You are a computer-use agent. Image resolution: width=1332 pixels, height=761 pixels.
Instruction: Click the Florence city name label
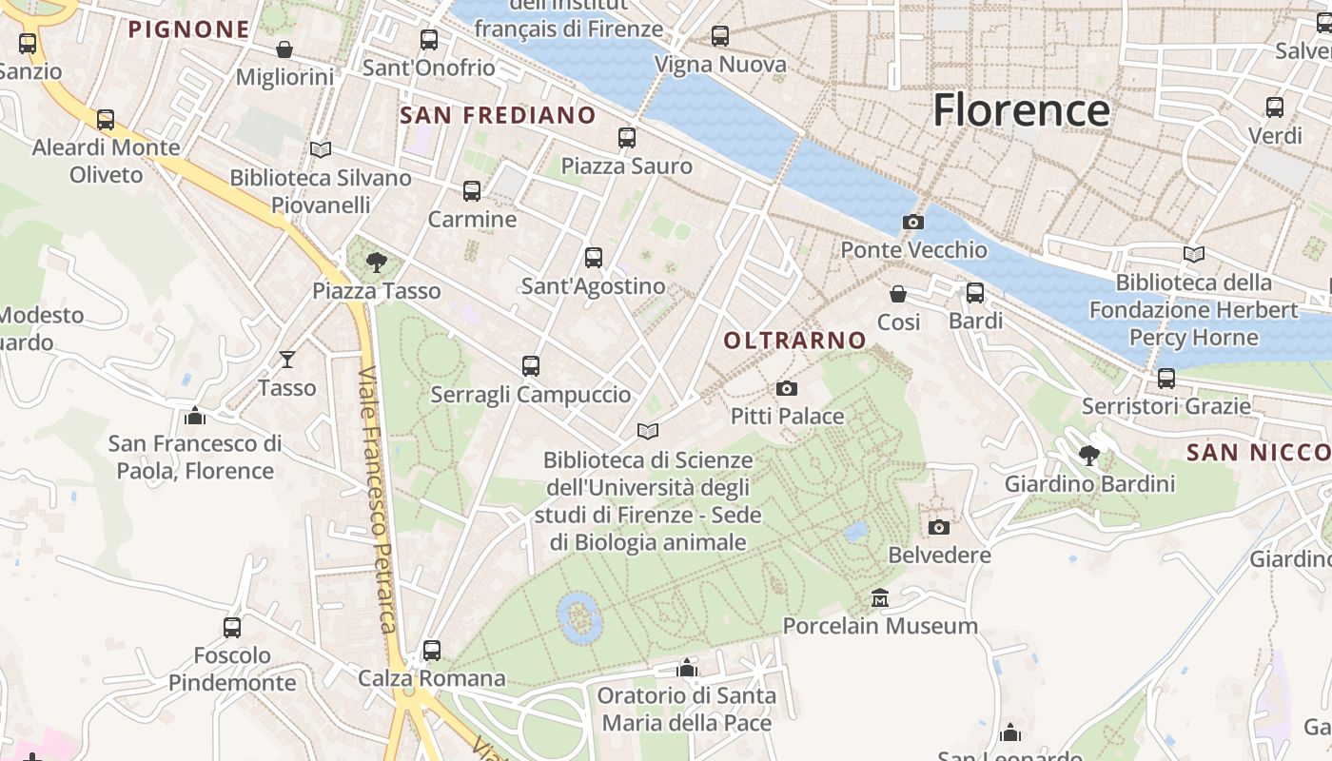(x=1021, y=110)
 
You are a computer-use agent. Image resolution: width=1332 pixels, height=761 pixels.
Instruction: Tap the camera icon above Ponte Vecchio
(x=912, y=223)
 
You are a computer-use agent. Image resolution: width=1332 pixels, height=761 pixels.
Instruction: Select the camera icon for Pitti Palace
(x=786, y=388)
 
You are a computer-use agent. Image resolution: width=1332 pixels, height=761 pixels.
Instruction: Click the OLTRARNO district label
(x=794, y=341)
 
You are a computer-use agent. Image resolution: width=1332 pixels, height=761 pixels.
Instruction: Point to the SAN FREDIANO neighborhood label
(x=498, y=116)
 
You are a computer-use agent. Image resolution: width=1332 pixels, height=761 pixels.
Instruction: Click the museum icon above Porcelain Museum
(x=880, y=598)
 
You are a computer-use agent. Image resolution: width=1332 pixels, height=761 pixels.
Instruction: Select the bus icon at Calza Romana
(x=432, y=651)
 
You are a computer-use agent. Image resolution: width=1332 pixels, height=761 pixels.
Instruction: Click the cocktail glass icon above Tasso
(x=287, y=360)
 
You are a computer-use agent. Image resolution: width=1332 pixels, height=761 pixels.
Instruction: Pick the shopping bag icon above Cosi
(x=897, y=294)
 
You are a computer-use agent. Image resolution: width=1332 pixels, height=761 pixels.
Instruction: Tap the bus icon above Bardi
(x=975, y=293)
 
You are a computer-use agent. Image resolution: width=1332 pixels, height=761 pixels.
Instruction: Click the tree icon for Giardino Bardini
(x=1089, y=456)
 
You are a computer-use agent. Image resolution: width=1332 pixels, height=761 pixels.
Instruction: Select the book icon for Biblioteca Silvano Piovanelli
(x=321, y=150)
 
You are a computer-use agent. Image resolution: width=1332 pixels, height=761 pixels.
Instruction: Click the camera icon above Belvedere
(x=938, y=527)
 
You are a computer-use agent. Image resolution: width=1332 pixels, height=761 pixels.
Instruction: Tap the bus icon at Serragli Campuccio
(x=531, y=366)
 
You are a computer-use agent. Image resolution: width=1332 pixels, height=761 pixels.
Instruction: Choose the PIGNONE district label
(x=188, y=29)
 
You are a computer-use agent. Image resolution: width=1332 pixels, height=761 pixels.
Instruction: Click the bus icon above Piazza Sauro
(x=627, y=138)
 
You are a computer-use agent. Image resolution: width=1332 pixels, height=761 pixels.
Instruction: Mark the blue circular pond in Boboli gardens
(x=579, y=617)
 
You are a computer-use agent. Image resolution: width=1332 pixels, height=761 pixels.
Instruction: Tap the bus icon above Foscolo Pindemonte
(x=232, y=628)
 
